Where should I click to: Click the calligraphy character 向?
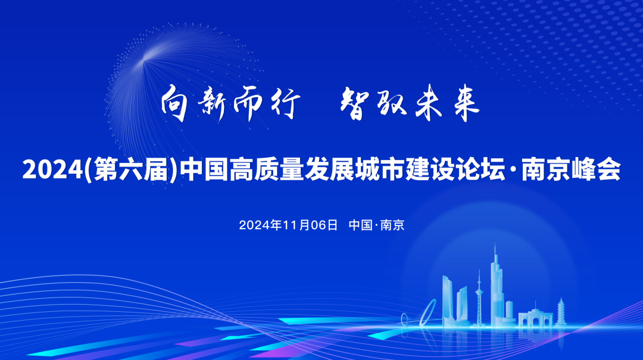pyautogui.click(x=174, y=104)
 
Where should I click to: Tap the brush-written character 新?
pyautogui.click(x=211, y=104)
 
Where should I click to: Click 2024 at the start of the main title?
pyautogui.click(x=53, y=170)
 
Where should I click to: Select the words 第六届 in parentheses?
pyautogui.click(x=131, y=170)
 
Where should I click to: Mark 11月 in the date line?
pyautogui.click(x=296, y=225)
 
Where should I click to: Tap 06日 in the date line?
pyautogui.click(x=324, y=225)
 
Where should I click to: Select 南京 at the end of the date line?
pyautogui.click(x=392, y=225)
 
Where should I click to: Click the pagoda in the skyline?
pyautogui.click(x=561, y=312)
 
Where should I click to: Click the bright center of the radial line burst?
pyautogui.click(x=143, y=60)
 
